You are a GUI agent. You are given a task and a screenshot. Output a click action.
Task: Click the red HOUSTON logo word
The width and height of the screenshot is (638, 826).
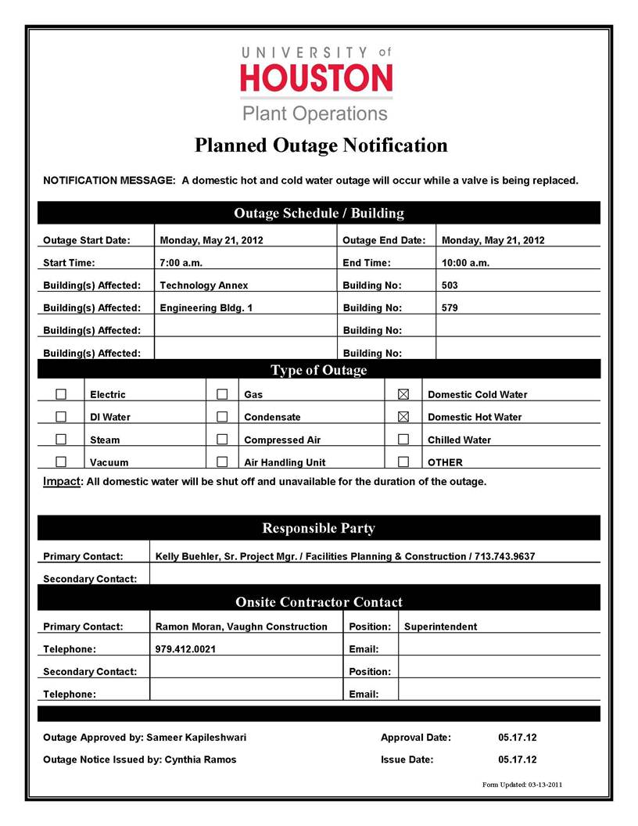click(x=317, y=78)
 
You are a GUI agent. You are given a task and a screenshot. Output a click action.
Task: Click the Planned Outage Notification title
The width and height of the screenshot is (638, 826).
click(x=321, y=145)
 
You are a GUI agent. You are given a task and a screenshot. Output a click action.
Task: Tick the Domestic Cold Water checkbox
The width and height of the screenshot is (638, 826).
click(x=403, y=394)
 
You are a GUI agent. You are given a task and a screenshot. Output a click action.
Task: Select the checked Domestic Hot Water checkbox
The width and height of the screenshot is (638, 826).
click(x=403, y=417)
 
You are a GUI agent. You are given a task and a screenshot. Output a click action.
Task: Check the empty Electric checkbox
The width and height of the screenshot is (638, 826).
click(x=61, y=394)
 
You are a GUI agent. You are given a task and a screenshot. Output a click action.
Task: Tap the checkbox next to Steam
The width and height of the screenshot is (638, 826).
click(x=61, y=440)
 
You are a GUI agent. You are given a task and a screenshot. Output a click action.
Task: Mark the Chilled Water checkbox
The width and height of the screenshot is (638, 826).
click(x=403, y=440)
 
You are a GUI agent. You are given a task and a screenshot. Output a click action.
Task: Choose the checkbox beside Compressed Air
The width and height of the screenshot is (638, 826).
click(x=222, y=440)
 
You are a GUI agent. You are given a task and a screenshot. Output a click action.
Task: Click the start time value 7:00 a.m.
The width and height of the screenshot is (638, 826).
click(x=181, y=263)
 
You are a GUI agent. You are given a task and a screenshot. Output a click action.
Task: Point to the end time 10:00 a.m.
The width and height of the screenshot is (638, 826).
click(x=465, y=263)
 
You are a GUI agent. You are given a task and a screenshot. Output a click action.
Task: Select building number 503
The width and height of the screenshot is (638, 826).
click(x=450, y=286)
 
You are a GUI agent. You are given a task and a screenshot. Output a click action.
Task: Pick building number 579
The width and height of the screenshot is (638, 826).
click(x=450, y=308)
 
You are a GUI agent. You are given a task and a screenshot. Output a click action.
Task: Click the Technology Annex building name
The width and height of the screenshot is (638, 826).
click(x=203, y=286)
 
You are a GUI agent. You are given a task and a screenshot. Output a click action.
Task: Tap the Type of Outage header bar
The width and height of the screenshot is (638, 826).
click(x=318, y=370)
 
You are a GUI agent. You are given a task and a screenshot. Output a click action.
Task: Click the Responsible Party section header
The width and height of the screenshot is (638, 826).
click(x=318, y=528)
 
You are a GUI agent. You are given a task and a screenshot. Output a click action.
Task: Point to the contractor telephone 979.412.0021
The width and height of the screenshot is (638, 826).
click(x=186, y=649)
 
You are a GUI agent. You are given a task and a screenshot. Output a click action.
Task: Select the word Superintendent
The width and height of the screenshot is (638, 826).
click(x=440, y=627)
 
